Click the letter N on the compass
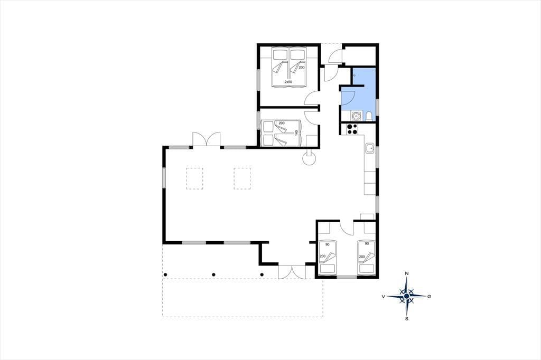click(x=407, y=273)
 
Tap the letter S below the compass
click(x=407, y=319)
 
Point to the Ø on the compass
click(x=429, y=296)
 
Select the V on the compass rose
click(x=384, y=296)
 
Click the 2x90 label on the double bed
click(x=288, y=82)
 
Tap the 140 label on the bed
click(x=296, y=133)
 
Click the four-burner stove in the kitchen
click(x=352, y=129)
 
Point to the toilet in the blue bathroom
click(x=369, y=116)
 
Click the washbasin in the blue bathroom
click(x=356, y=116)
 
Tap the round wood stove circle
click(x=309, y=159)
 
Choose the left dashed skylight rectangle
click(x=194, y=178)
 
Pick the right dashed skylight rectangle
click(x=242, y=178)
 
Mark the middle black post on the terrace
click(x=213, y=274)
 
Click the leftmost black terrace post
click(x=165, y=274)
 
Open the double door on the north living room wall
click(x=207, y=140)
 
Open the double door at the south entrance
click(x=292, y=272)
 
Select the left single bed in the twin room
click(x=328, y=257)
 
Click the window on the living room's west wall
click(x=165, y=178)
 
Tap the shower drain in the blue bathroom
click(x=355, y=75)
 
